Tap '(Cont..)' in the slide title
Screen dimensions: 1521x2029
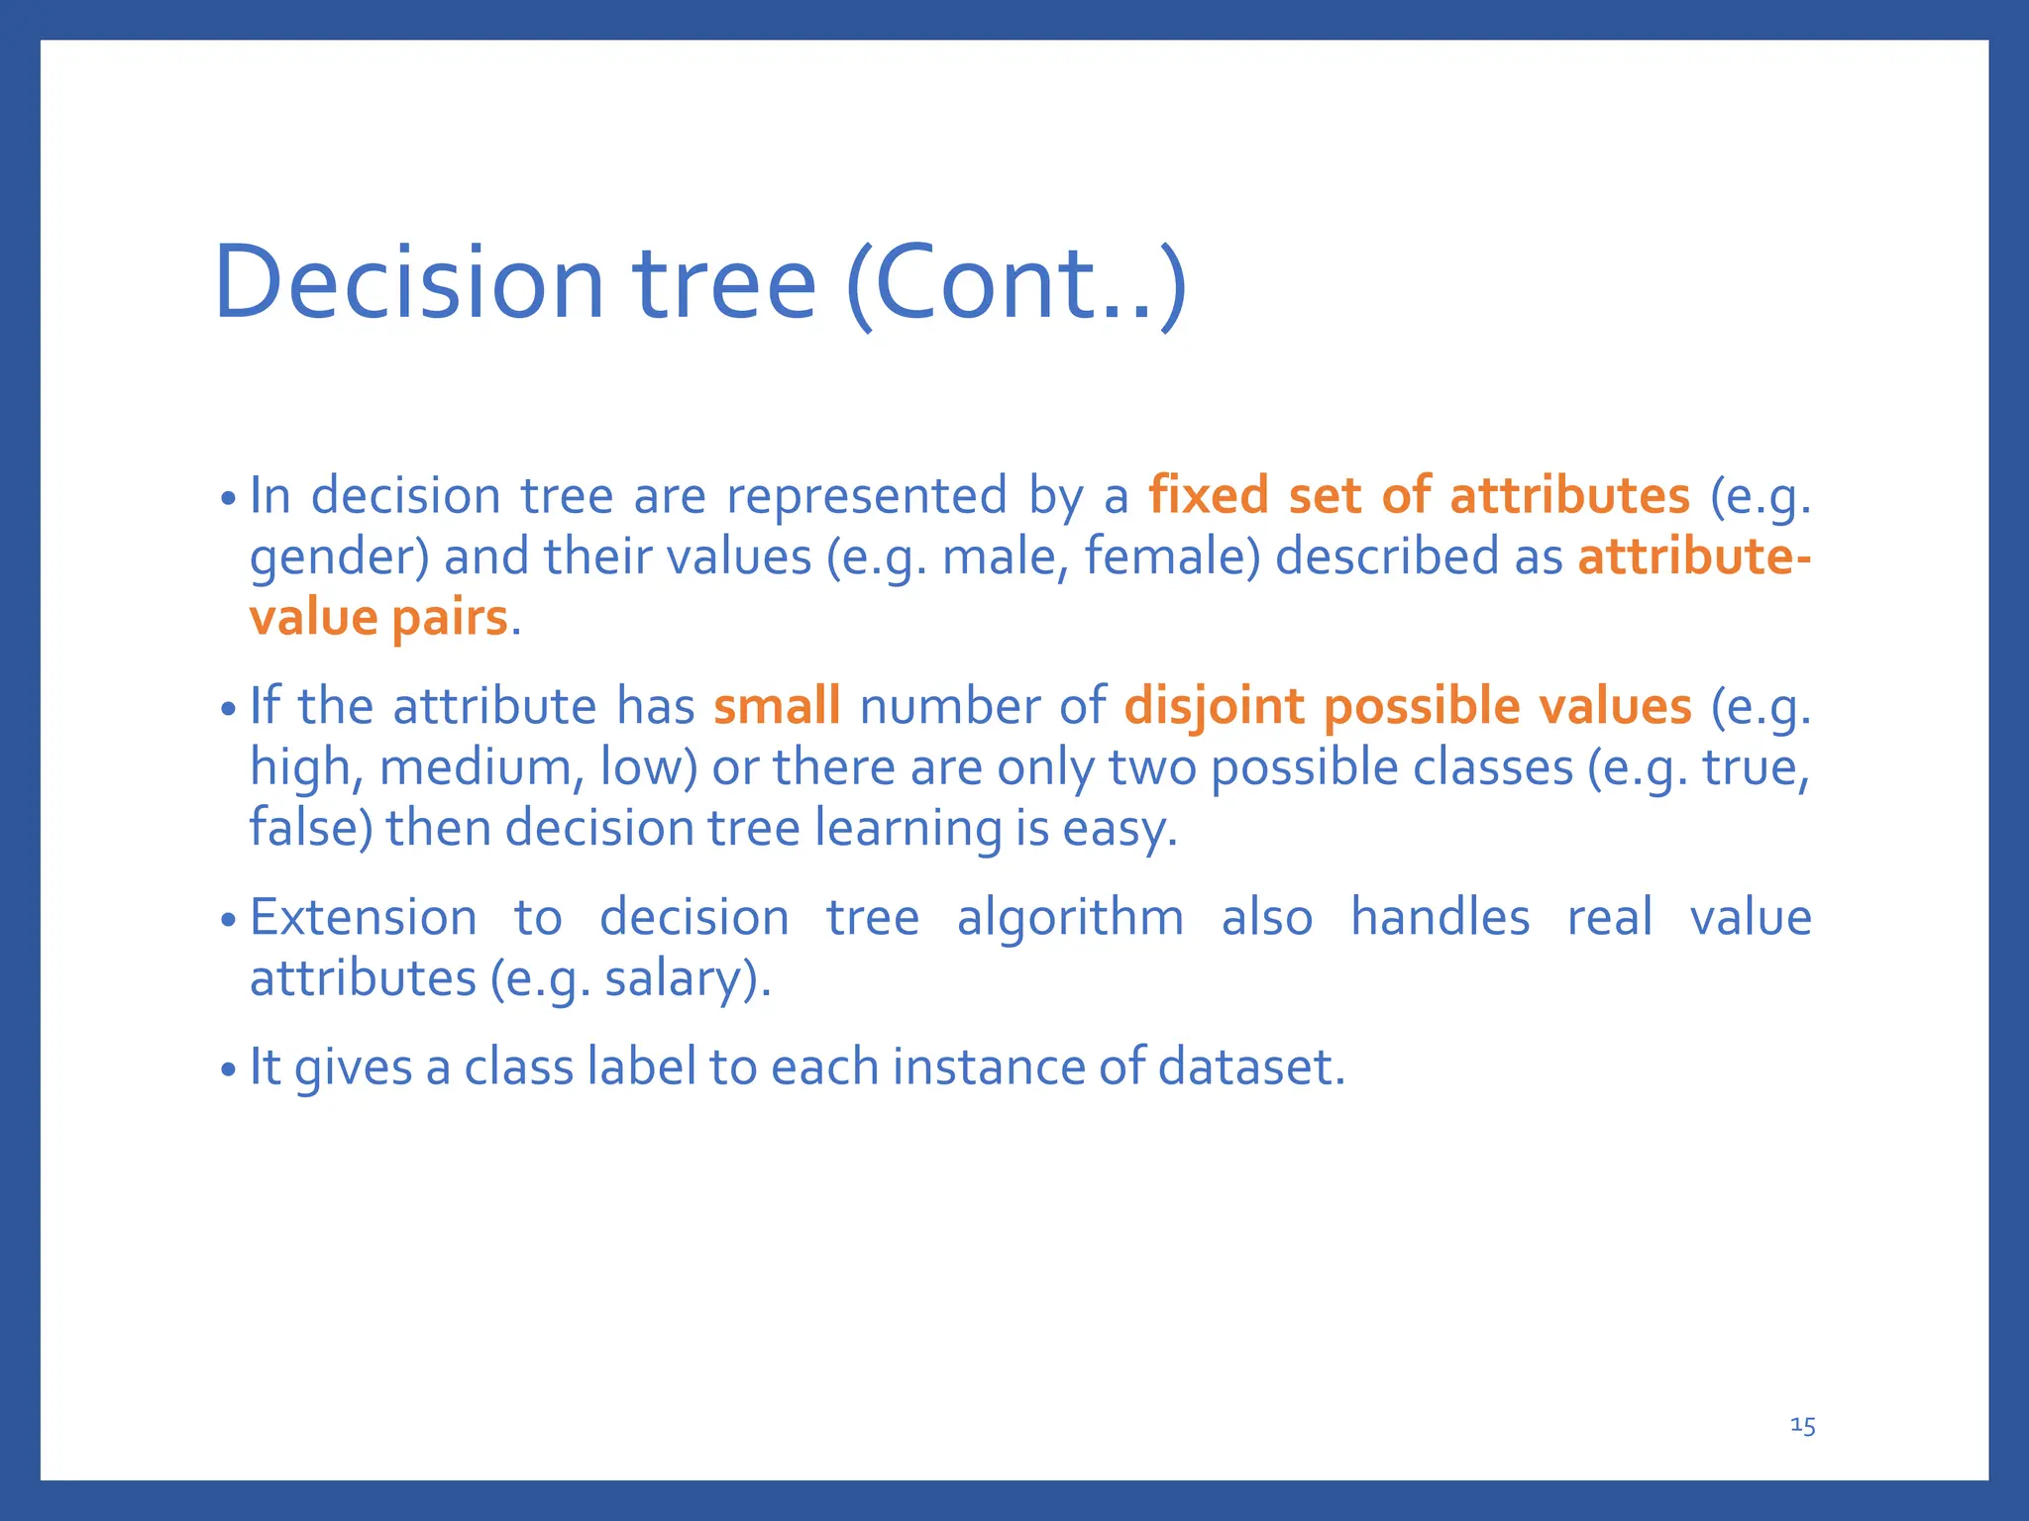coord(1015,284)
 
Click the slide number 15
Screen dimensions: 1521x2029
coord(1802,1426)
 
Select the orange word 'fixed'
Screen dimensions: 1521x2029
coord(1208,495)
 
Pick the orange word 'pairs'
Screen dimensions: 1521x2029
coord(450,618)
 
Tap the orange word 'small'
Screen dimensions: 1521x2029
coord(777,706)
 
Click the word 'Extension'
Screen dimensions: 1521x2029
coord(363,917)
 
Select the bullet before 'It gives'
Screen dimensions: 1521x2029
coord(229,1070)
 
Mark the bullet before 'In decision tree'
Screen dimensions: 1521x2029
coord(229,498)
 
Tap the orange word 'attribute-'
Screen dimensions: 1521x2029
coord(1694,557)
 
